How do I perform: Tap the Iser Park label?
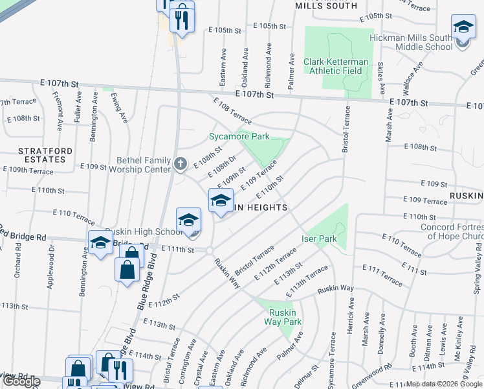(x=320, y=239)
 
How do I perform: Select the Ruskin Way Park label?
(x=285, y=316)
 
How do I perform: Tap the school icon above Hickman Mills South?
(x=463, y=27)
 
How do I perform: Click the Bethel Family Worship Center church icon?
(x=181, y=165)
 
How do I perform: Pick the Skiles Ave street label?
(x=381, y=78)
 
